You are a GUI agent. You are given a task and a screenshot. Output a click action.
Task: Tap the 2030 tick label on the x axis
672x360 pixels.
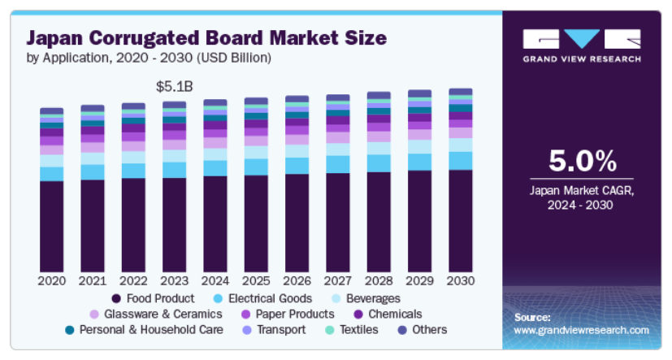click(460, 281)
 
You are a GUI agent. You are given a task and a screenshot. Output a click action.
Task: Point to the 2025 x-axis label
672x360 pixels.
click(256, 281)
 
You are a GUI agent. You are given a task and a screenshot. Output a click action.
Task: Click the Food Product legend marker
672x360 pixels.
click(117, 298)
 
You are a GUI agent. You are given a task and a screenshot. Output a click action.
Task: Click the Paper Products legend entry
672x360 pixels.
click(286, 314)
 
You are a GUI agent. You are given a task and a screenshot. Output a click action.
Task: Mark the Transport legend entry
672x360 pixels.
click(274, 329)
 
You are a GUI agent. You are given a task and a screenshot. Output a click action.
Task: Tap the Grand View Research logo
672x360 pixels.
click(582, 46)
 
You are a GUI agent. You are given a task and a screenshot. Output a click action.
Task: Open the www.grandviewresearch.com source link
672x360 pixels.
click(582, 330)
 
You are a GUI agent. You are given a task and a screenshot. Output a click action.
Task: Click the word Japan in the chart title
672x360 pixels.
click(58, 37)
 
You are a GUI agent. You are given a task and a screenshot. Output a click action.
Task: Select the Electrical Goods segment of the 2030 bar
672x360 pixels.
click(460, 160)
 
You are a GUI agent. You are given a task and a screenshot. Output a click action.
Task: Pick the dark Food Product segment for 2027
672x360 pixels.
click(338, 223)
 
